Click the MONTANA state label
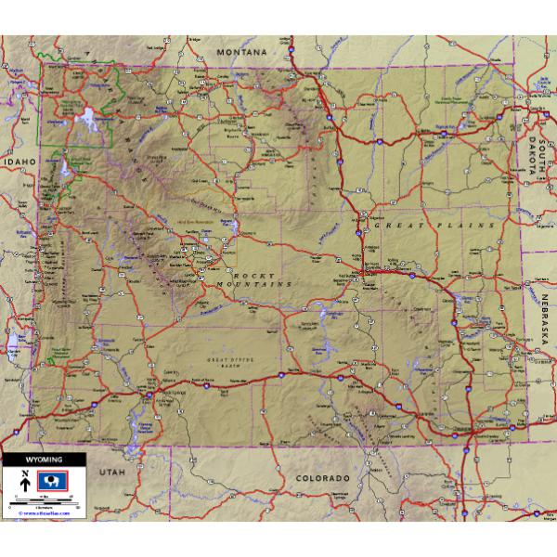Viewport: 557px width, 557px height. (x=241, y=53)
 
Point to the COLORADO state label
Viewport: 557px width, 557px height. (x=322, y=478)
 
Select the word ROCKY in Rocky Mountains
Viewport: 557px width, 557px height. (x=248, y=276)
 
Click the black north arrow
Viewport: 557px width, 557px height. (x=24, y=485)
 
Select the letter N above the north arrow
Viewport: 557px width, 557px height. (x=24, y=473)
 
